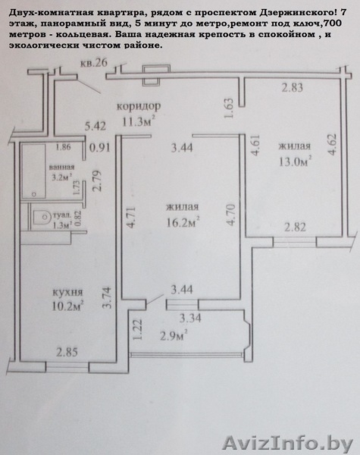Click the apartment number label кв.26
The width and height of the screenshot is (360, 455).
click(94, 62)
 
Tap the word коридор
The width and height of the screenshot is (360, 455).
click(139, 106)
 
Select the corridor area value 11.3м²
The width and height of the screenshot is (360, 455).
click(138, 122)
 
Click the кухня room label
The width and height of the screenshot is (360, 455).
click(67, 292)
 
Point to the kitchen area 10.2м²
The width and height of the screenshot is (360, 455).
click(68, 306)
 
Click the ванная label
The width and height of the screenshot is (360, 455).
click(61, 167)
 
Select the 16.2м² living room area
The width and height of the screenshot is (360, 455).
click(183, 222)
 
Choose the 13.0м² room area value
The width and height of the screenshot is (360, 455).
click(296, 162)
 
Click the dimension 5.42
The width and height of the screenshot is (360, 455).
click(95, 126)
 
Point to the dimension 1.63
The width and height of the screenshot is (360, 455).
click(229, 108)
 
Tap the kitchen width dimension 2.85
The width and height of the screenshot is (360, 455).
click(67, 353)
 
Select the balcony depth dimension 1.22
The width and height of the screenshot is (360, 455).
click(137, 330)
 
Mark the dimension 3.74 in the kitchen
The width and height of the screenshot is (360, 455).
click(107, 297)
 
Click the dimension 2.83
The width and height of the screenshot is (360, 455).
click(293, 87)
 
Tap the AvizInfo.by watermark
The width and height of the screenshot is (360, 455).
click(288, 444)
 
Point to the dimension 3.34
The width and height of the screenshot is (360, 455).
click(190, 318)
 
